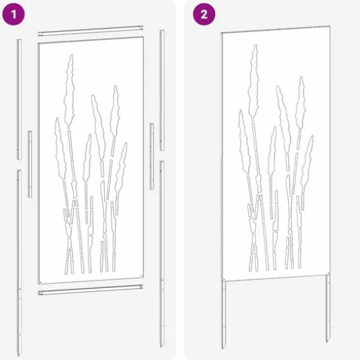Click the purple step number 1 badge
tap(13, 14)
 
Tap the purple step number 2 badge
tap(204, 14)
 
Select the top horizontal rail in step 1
tap(91, 31)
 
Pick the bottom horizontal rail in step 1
tap(91, 290)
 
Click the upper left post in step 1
tap(19, 99)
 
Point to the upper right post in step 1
tap(162, 90)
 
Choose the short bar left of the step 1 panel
tap(30, 164)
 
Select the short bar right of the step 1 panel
tap(151, 156)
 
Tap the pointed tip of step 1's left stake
tap(19, 356)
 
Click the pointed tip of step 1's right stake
tap(161, 346)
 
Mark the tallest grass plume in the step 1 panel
tap(69, 92)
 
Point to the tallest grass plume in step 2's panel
tap(253, 82)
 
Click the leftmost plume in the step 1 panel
tap(60, 149)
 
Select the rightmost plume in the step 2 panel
tap(307, 161)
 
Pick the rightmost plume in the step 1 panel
tap(121, 169)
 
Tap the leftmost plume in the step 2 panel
tap(244, 142)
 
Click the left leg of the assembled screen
tap(223, 315)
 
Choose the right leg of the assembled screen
tap(328, 308)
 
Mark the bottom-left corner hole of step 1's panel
tap(41, 282)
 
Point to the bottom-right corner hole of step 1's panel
tap(142, 276)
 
